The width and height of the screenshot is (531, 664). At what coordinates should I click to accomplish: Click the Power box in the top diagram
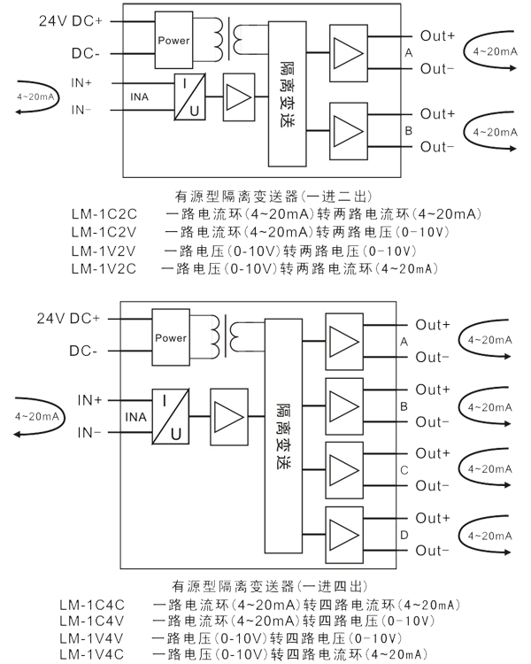(173, 40)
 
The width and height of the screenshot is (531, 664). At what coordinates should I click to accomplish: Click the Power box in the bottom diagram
(171, 337)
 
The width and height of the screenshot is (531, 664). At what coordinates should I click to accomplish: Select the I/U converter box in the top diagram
(191, 96)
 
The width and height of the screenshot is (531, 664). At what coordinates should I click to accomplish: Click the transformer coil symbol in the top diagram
(240, 40)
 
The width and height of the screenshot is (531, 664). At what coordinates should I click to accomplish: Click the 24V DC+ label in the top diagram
(69, 20)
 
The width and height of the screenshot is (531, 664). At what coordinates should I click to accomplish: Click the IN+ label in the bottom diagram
(89, 399)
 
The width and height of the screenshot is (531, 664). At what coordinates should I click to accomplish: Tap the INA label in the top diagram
(140, 96)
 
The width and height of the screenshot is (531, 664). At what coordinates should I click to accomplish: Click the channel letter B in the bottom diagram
(404, 405)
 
